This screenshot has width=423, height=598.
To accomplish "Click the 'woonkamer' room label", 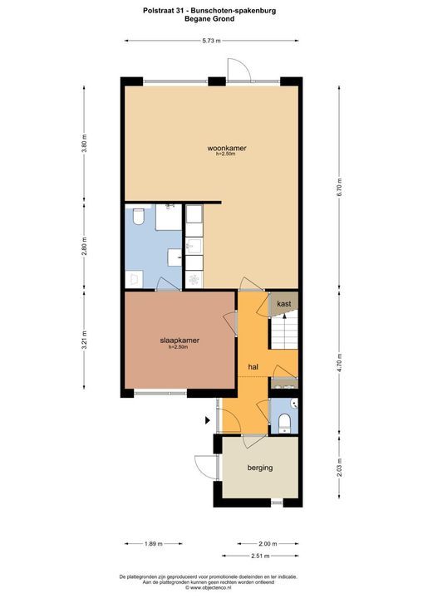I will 227,149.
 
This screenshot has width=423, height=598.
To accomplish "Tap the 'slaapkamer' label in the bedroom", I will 180,341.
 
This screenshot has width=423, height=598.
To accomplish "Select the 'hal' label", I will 253,365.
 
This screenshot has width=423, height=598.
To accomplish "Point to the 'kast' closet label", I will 283,304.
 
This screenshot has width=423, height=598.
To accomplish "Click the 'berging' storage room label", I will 259,468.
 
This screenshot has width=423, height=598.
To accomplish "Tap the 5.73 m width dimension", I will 212,40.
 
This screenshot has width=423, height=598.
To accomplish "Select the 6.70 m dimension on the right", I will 338,189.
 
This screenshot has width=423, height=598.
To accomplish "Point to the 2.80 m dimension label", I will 84,247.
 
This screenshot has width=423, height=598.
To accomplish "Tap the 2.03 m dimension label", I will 338,468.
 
